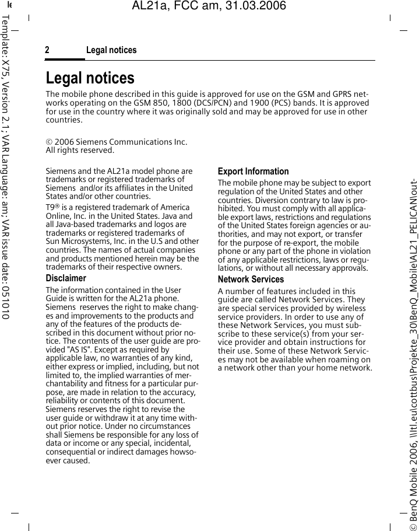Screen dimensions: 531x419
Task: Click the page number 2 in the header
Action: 47,50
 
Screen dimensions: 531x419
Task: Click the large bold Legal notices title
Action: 90,78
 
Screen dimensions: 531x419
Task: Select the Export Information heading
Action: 253,172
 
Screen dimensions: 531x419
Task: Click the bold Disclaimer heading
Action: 66,278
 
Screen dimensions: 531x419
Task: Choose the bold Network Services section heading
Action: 251,280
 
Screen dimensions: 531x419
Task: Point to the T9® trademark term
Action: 52,208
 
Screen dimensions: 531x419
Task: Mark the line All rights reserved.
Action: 80,151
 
